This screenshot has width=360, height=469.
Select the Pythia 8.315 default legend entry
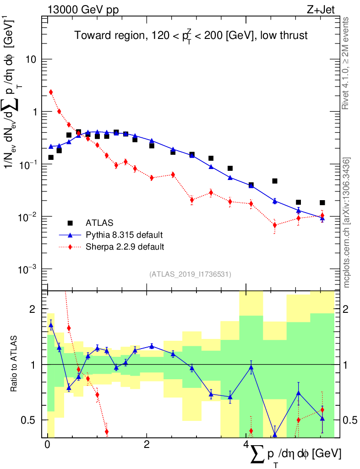point(124,235)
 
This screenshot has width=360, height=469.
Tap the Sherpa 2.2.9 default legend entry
point(125,247)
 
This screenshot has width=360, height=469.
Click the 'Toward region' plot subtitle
point(191,36)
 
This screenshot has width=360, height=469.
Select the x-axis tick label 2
point(147,445)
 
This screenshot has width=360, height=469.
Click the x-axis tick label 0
point(47,445)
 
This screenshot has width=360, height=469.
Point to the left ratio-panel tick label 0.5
point(30,420)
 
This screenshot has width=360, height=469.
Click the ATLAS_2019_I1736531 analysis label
point(190,274)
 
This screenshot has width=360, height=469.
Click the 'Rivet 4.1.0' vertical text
point(346,64)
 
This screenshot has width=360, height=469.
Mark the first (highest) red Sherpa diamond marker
point(51,92)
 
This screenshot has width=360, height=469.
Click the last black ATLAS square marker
point(322,202)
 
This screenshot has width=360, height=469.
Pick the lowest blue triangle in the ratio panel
point(275,435)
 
